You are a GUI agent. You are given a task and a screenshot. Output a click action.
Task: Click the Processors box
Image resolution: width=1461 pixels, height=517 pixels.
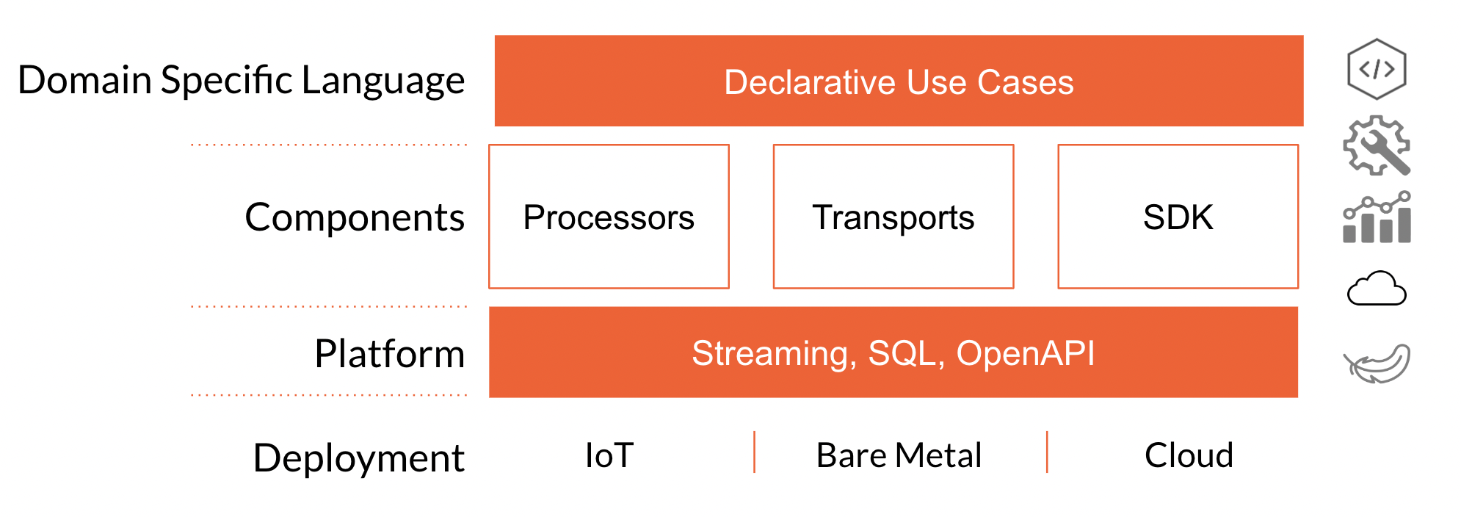(x=609, y=217)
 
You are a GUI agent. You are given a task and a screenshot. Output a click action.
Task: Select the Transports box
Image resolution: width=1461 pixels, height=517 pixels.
(x=893, y=217)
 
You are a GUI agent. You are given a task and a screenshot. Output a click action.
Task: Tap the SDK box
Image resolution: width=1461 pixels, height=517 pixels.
(x=1178, y=217)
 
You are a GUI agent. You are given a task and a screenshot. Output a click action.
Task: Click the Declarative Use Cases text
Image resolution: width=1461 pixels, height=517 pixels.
(x=899, y=82)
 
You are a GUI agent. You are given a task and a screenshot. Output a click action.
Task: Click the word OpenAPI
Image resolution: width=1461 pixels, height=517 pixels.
(x=1026, y=353)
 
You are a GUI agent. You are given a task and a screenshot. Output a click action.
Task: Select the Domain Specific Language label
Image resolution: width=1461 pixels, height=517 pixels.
(x=242, y=81)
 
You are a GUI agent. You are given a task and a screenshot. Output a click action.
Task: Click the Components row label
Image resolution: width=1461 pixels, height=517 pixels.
(x=355, y=218)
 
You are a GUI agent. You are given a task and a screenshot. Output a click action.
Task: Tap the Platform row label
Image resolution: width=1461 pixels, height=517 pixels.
(x=390, y=354)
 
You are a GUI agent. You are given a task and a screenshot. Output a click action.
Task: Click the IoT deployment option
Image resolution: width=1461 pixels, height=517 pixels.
(x=609, y=455)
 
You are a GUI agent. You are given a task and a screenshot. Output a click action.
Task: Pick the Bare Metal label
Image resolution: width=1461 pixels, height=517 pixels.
(x=899, y=455)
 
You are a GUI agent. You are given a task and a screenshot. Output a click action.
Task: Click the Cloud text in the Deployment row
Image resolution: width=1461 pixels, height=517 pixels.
(x=1189, y=455)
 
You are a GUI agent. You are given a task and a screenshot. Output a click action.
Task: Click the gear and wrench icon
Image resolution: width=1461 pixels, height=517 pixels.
(x=1377, y=145)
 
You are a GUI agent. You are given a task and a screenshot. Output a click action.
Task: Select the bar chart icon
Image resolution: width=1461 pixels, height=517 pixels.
(x=1377, y=217)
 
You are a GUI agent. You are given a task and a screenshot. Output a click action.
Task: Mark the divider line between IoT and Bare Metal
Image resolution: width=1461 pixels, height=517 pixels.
(x=754, y=452)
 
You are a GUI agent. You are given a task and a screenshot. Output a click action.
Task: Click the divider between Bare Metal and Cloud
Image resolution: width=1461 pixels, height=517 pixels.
(x=1047, y=452)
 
